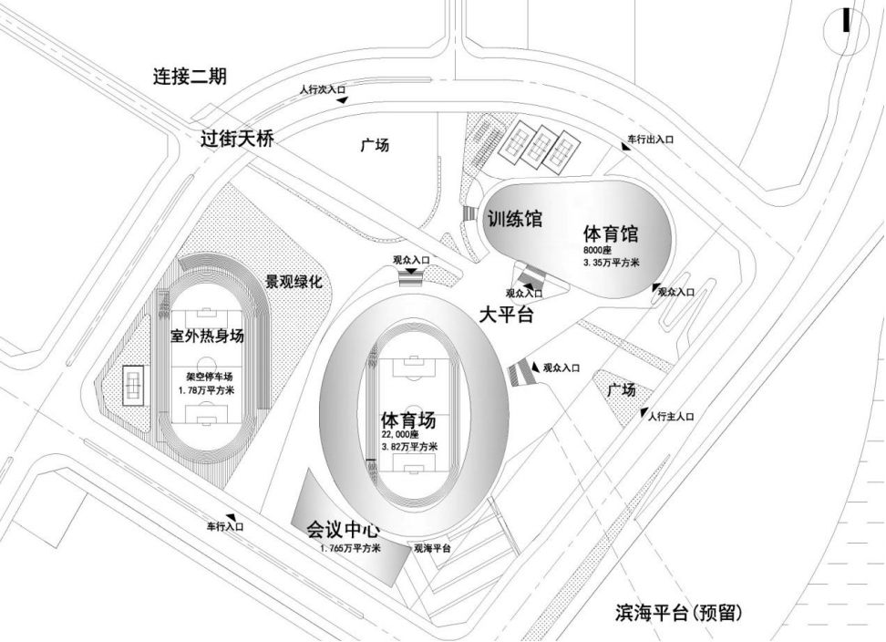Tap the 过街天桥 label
(237, 139)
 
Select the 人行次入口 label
(323, 90)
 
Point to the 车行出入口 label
(650, 140)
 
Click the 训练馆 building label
(513, 220)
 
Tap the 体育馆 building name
(611, 232)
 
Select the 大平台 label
(506, 316)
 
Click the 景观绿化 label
(294, 282)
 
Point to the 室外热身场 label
(208, 336)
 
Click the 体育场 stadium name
(408, 421)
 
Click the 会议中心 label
(342, 530)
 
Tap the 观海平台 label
(433, 548)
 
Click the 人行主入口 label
(672, 417)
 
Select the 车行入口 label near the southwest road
(223, 526)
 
